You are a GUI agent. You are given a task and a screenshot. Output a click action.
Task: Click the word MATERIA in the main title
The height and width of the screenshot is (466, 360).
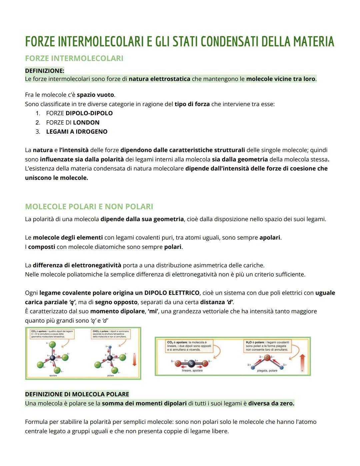point(313,42)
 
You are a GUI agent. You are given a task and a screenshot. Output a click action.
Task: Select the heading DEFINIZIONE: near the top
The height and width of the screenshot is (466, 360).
point(45,71)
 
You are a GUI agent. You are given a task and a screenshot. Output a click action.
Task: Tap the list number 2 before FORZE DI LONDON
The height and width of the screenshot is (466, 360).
point(38,122)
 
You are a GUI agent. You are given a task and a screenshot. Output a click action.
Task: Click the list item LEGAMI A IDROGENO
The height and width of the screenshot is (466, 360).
point(77,132)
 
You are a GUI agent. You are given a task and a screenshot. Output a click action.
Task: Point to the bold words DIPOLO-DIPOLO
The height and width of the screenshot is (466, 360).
point(89,113)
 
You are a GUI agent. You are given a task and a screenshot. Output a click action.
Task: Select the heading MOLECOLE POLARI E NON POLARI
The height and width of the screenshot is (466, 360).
point(89,206)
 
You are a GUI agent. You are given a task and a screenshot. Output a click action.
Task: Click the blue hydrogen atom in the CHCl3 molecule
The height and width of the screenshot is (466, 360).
point(110,347)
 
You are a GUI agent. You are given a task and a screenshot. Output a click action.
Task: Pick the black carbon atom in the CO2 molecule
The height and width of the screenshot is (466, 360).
point(191,363)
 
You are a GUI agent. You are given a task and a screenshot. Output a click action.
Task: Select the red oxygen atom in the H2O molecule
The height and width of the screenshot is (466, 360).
point(267,358)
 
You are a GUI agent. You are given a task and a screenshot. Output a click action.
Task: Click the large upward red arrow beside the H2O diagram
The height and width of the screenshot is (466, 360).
point(302,362)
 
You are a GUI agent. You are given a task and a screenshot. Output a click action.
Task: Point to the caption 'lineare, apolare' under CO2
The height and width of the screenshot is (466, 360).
point(192,371)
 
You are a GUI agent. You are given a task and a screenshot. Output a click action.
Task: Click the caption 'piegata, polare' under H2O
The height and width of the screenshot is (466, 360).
point(267,371)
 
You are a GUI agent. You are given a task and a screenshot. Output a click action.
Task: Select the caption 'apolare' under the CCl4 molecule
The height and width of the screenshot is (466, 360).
point(53,376)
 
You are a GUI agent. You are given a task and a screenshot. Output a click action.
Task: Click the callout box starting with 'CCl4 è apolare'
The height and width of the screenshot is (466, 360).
point(52,334)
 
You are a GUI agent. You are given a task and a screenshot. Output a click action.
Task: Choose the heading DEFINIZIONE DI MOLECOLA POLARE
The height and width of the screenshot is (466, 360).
point(77,394)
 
